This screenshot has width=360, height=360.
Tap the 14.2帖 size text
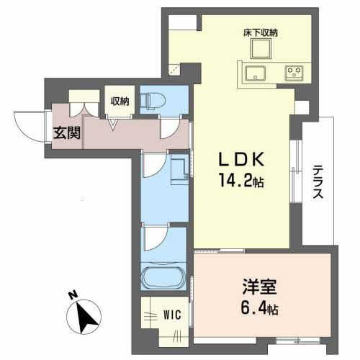pos(240,182)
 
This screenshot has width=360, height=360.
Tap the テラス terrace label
pos(318,183)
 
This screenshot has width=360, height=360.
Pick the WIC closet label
pos(171,314)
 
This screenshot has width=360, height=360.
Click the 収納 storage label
pos(119,100)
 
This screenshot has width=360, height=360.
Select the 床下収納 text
pos(259,32)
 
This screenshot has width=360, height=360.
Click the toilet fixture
pos(153,100)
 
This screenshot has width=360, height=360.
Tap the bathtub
pos(165,279)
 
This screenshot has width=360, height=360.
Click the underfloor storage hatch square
pos(259,48)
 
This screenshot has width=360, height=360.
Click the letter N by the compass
pos(73,295)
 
